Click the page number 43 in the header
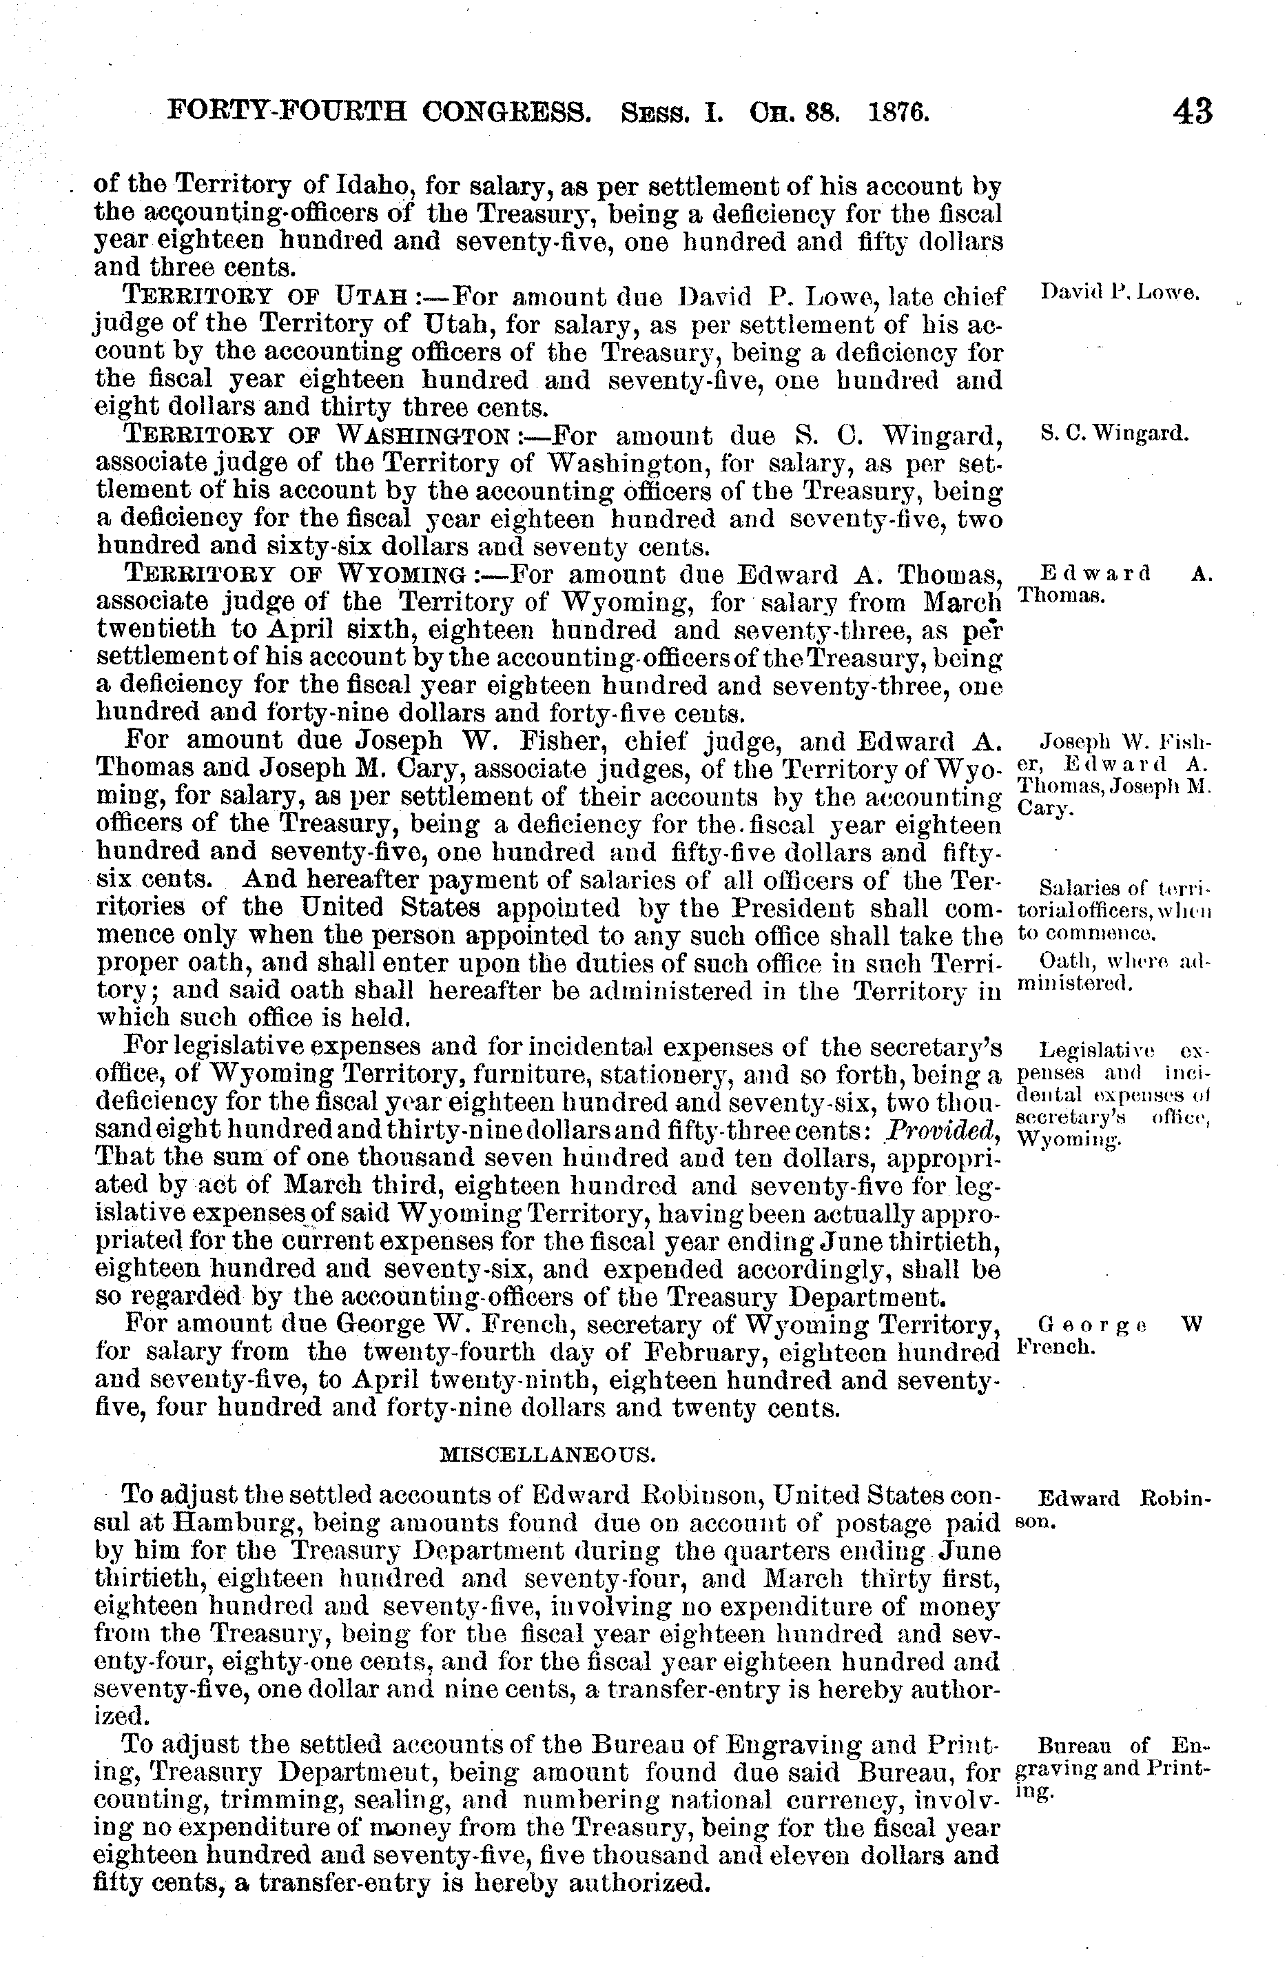point(1191,111)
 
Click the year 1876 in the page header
point(898,111)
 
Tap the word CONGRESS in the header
point(506,111)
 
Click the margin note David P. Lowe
point(1119,292)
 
